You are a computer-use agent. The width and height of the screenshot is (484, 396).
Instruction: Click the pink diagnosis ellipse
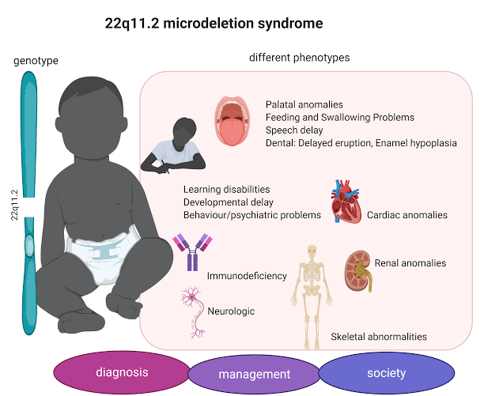click(x=122, y=372)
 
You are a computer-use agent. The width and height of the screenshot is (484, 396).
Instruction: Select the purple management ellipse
click(x=254, y=374)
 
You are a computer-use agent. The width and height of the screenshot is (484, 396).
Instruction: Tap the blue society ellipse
click(x=387, y=373)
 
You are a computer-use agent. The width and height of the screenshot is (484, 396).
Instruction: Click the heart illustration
click(x=346, y=202)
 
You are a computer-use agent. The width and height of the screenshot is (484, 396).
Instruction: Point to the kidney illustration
click(x=358, y=271)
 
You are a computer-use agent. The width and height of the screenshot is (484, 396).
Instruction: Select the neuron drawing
click(x=194, y=312)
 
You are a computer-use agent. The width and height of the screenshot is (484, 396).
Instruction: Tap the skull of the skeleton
click(x=312, y=251)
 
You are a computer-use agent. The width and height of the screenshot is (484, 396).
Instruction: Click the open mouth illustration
click(x=233, y=121)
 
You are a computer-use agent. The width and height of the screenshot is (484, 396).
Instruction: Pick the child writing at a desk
click(x=174, y=145)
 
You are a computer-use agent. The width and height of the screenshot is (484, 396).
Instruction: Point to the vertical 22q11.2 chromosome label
click(x=14, y=205)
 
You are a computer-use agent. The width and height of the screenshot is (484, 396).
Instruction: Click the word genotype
click(x=36, y=61)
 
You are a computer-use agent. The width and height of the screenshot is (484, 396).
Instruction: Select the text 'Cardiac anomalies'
click(x=407, y=215)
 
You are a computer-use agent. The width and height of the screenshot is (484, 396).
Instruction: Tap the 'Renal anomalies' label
click(x=410, y=262)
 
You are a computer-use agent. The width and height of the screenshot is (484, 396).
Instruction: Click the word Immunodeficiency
click(x=247, y=276)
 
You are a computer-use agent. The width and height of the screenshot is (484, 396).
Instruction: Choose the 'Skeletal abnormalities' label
click(x=379, y=337)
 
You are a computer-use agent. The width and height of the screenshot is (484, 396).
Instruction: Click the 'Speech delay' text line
click(x=294, y=130)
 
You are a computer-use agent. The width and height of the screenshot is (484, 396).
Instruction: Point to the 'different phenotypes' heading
click(x=300, y=58)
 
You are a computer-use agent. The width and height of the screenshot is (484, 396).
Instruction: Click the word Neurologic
click(x=231, y=311)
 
